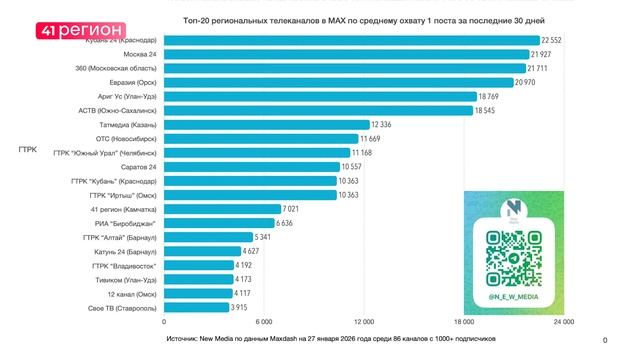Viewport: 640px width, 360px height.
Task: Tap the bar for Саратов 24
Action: tap(250, 167)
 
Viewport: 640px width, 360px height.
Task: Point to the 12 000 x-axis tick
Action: tap(362, 323)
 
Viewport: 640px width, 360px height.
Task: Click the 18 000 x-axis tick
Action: tap(463, 323)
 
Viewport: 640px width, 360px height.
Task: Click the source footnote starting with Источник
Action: tap(331, 340)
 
